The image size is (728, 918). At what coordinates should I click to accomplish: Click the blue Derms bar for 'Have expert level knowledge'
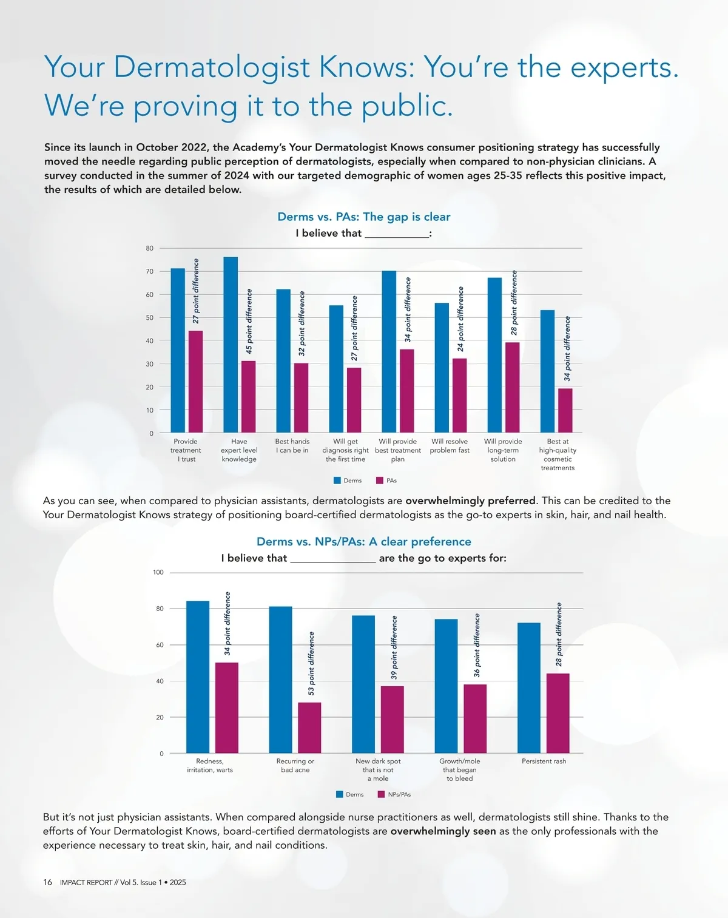pyautogui.click(x=231, y=345)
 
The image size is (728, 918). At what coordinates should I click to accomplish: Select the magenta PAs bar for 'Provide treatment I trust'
pyautogui.click(x=195, y=382)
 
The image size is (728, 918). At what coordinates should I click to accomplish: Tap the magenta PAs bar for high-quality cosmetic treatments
pyautogui.click(x=565, y=411)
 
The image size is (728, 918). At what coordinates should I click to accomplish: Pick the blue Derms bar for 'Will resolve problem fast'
pyautogui.click(x=442, y=368)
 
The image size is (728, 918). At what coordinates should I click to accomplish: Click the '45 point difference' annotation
pyautogui.click(x=249, y=322)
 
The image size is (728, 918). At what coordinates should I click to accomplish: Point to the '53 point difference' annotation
pyautogui.click(x=311, y=663)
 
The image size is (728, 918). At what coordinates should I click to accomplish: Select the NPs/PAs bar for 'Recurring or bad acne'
pyautogui.click(x=309, y=728)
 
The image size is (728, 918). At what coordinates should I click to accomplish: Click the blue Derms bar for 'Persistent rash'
pyautogui.click(x=528, y=688)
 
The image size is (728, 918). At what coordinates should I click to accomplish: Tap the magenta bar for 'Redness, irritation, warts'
pyautogui.click(x=227, y=707)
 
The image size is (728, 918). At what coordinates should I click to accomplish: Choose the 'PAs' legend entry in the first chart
pyautogui.click(x=386, y=481)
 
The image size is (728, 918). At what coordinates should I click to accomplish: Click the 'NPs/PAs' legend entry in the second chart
pyautogui.click(x=394, y=794)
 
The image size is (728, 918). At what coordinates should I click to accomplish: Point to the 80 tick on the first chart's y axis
pyautogui.click(x=150, y=248)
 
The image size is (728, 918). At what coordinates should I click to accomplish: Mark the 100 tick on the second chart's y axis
pyautogui.click(x=158, y=572)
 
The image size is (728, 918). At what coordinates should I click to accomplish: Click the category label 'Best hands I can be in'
pyautogui.click(x=292, y=446)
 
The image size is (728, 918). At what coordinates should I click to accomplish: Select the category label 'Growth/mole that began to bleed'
pyautogui.click(x=460, y=769)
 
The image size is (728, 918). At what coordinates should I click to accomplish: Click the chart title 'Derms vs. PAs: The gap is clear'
pyautogui.click(x=364, y=217)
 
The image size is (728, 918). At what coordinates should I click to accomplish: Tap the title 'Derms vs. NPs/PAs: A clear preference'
pyautogui.click(x=364, y=541)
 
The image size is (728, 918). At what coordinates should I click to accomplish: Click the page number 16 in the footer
pyautogui.click(x=47, y=882)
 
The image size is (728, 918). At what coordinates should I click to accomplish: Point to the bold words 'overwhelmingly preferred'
pyautogui.click(x=470, y=501)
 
